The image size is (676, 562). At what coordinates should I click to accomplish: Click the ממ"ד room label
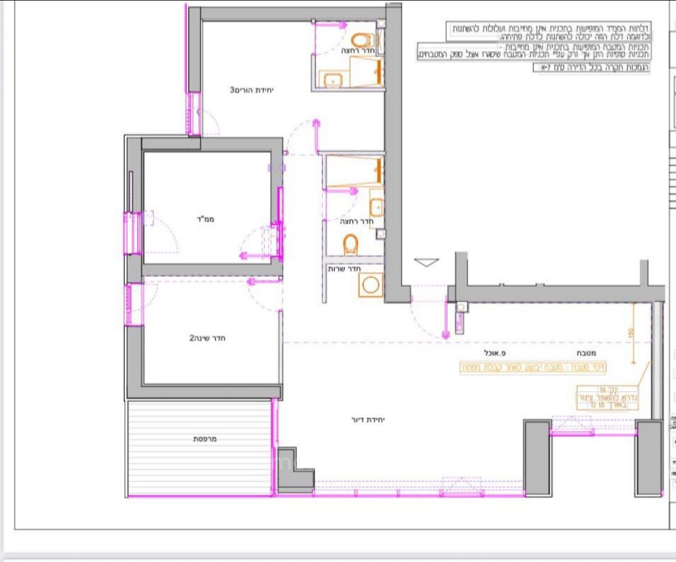[207, 219]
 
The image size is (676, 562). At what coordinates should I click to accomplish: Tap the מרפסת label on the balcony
[205, 439]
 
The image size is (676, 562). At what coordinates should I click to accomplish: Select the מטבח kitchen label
[586, 353]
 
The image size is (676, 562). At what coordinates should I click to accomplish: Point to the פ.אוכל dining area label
[496, 353]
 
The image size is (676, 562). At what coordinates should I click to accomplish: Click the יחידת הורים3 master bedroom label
[253, 90]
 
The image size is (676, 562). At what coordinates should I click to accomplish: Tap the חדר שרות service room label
[343, 269]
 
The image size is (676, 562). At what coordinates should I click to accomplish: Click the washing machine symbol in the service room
[371, 285]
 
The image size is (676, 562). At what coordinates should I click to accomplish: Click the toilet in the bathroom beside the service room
[351, 244]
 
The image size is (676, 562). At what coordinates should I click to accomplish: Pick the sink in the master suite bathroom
[333, 81]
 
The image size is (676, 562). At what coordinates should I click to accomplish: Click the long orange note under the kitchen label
[533, 368]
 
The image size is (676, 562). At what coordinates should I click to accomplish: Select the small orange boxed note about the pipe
[608, 397]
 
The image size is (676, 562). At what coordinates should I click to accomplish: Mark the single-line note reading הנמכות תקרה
[591, 67]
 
